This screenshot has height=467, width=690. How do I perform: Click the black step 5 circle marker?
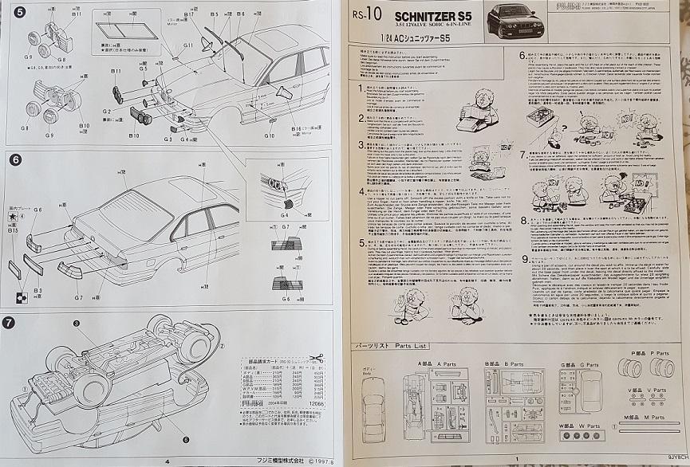click(x=9, y=11)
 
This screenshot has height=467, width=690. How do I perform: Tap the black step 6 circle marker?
click(x=9, y=158)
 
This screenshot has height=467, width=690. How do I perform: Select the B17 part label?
click(x=189, y=14)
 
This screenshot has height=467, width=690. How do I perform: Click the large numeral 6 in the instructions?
click(x=522, y=57)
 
